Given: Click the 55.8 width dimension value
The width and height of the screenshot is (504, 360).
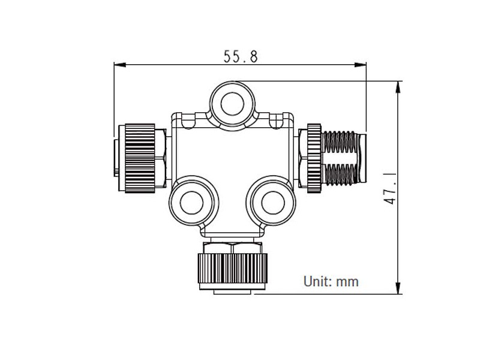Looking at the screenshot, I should [241, 56].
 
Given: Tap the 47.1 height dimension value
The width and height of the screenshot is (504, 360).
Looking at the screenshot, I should [390, 187].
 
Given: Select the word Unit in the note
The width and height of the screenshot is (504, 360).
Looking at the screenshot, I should [316, 280].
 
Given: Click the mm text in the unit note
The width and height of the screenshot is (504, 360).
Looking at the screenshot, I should [347, 280].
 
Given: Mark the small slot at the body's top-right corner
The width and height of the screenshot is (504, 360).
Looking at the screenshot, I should [276, 122].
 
